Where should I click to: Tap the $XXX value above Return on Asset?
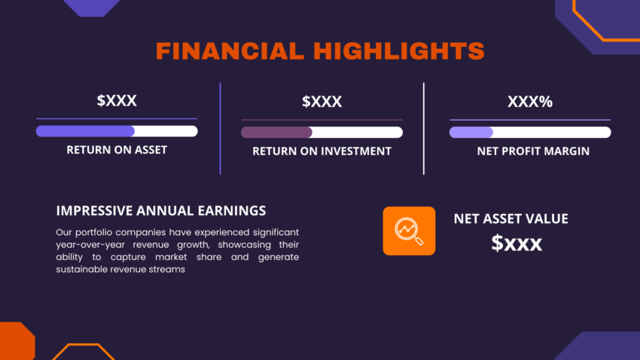117,100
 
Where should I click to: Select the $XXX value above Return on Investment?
322,101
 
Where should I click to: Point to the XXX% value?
530,101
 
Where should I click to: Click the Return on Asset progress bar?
117,131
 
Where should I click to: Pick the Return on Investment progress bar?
322,133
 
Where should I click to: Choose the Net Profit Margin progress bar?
530,133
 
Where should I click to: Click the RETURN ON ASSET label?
117,150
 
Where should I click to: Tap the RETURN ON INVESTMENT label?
322,151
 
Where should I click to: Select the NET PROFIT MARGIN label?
533,151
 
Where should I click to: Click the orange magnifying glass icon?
409,230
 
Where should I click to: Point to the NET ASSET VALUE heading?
510,219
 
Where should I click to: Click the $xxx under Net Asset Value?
517,243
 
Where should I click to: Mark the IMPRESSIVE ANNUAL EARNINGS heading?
161,211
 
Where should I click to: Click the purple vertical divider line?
221,128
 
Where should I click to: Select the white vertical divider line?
424,128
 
